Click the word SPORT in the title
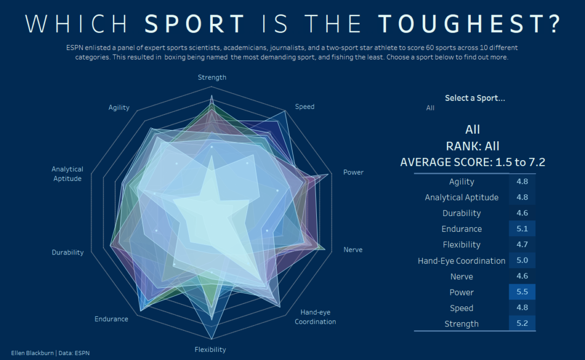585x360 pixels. pyautogui.click(x=195, y=24)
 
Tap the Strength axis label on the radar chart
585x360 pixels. pyautogui.click(x=212, y=77)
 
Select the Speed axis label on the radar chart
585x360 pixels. pyautogui.click(x=304, y=107)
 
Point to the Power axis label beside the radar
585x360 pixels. pyautogui.click(x=353, y=172)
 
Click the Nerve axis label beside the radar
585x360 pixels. pyautogui.click(x=353, y=250)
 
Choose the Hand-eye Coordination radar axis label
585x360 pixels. pyautogui.click(x=315, y=317)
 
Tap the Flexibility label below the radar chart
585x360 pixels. pyautogui.click(x=210, y=350)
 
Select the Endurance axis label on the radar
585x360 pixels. pyautogui.click(x=111, y=319)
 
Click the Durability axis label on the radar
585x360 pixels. pyautogui.click(x=68, y=252)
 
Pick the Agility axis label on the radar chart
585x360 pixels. pyautogui.click(x=119, y=107)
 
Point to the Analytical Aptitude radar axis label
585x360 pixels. pyautogui.click(x=68, y=174)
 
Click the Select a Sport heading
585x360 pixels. pyautogui.click(x=474, y=98)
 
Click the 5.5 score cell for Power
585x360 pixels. pyautogui.click(x=522, y=292)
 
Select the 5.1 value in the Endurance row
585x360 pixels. pyautogui.click(x=522, y=229)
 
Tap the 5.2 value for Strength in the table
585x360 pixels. pyautogui.click(x=522, y=324)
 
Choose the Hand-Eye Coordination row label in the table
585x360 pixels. pyautogui.click(x=461, y=261)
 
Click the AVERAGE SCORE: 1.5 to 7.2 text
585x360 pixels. pyautogui.click(x=472, y=162)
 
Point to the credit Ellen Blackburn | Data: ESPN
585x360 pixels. pyautogui.click(x=50, y=353)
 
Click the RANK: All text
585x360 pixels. pyautogui.click(x=472, y=146)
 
